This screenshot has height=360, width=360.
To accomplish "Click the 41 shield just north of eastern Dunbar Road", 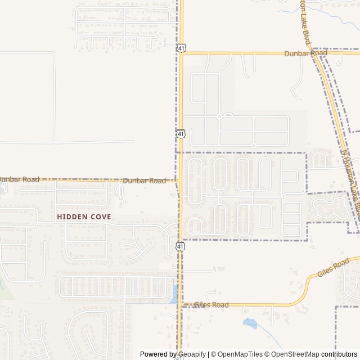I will (x=181, y=48).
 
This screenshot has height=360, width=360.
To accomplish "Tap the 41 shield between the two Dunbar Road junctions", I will (x=181, y=134).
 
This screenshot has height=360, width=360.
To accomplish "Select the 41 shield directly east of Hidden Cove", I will (x=179, y=246).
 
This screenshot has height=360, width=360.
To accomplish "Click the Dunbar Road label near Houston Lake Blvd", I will (x=298, y=53).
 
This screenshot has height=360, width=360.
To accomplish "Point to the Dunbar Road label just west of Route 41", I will (x=145, y=181).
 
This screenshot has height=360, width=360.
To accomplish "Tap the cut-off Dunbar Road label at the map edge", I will (x=19, y=179).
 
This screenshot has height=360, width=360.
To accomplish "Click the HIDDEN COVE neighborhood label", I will (x=84, y=217).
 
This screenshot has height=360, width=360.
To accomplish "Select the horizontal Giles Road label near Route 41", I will (x=211, y=305).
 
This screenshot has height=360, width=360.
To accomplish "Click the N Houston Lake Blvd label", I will (x=350, y=186).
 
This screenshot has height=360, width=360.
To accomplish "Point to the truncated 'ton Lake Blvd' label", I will (x=304, y=23).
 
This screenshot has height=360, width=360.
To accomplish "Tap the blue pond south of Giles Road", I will (x=250, y=323).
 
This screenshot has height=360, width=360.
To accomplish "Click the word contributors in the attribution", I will (x=339, y=354).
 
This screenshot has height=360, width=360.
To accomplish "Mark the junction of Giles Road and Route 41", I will (x=181, y=305).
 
